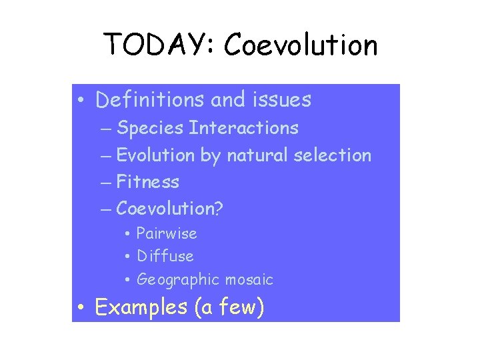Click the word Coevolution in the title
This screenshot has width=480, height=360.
pyautogui.click(x=301, y=45)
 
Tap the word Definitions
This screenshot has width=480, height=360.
pyautogui.click(x=150, y=100)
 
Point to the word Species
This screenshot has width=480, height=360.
pyautogui.click(x=150, y=127)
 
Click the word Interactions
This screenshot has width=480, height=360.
pyautogui.click(x=243, y=127)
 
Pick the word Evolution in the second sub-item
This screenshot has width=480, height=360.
pyautogui.click(x=156, y=155)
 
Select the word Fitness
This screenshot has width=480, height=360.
pyautogui.click(x=147, y=181)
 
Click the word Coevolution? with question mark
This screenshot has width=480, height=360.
pyautogui.click(x=170, y=209)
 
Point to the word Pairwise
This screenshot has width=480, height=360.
pyautogui.click(x=167, y=233)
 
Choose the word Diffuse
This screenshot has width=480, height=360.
pyautogui.click(x=165, y=256)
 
